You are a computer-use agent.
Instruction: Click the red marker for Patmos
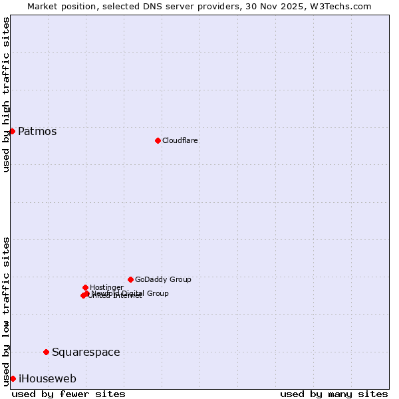tap(12, 131)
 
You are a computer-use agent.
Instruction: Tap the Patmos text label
tap(37, 132)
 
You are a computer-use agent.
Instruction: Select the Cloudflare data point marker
tap(158, 140)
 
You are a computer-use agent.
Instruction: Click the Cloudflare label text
tap(180, 141)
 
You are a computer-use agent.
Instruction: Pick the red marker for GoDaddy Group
tap(130, 279)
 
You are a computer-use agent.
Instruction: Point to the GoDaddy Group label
tap(163, 280)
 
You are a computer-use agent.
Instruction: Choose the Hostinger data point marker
tap(85, 287)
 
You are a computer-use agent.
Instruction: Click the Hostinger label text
tap(106, 287)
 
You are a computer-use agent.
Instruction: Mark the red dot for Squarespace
tap(46, 352)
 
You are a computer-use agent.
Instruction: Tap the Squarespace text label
tap(86, 352)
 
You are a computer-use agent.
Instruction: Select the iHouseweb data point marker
tap(13, 378)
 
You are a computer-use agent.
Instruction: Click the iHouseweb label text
tap(47, 379)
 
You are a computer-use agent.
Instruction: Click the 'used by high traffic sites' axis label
tap(6, 94)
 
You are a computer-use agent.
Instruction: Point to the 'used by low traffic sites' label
tap(6, 311)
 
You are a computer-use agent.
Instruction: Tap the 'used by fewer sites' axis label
tap(68, 394)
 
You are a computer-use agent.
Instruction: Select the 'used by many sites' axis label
tap(334, 394)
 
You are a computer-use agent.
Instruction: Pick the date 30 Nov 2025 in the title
tap(277, 7)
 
